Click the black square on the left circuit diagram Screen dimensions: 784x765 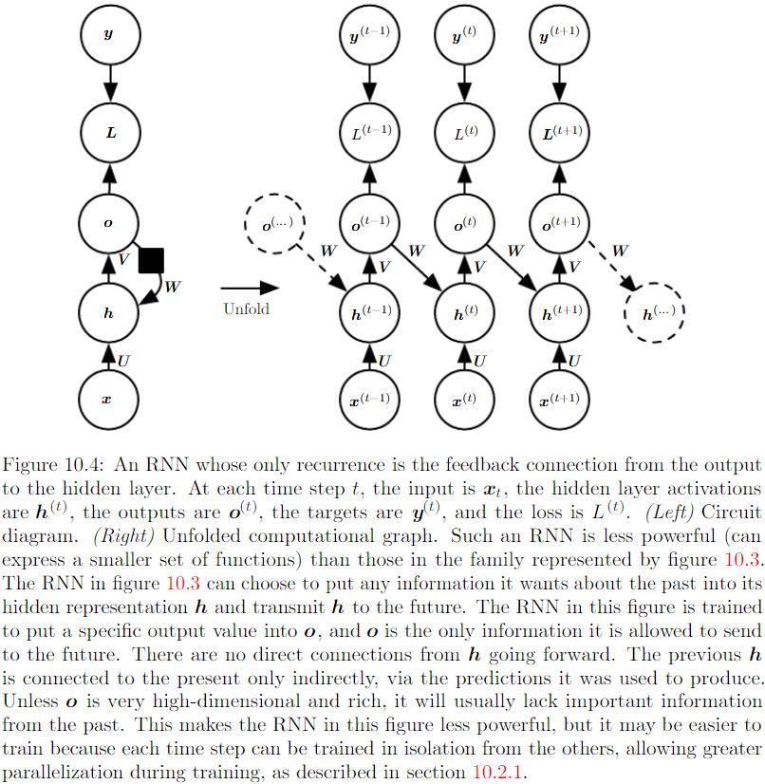[152, 260]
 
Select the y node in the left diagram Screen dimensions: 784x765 [108, 35]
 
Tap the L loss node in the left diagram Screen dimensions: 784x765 [108, 132]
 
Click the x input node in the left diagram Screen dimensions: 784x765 [108, 400]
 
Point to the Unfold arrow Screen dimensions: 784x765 [250, 288]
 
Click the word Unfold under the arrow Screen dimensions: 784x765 [247, 308]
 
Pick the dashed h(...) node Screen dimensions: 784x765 [654, 312]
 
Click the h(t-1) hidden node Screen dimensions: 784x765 [370, 312]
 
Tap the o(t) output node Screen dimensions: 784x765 [465, 224]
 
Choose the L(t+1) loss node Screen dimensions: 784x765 [560, 133]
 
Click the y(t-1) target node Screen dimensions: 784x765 [370, 36]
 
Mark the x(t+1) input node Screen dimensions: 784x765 [560, 400]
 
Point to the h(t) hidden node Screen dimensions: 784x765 [465, 312]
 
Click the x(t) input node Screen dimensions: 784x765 [465, 400]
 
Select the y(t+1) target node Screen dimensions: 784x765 [560, 36]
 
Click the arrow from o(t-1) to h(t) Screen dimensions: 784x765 [418, 269]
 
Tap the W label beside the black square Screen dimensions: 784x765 [172, 285]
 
